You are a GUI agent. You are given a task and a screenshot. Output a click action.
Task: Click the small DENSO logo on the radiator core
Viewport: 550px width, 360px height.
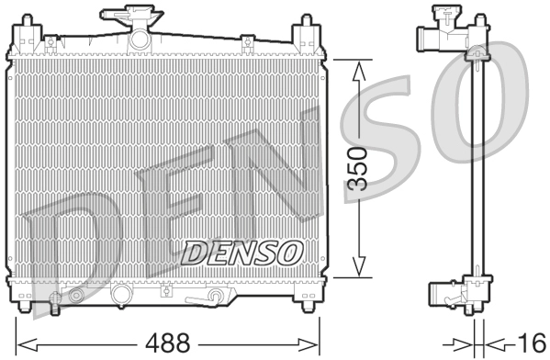pyautogui.click(x=242, y=249)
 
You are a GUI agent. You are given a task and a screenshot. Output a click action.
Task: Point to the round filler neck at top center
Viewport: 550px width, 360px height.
pyautogui.click(x=140, y=39)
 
